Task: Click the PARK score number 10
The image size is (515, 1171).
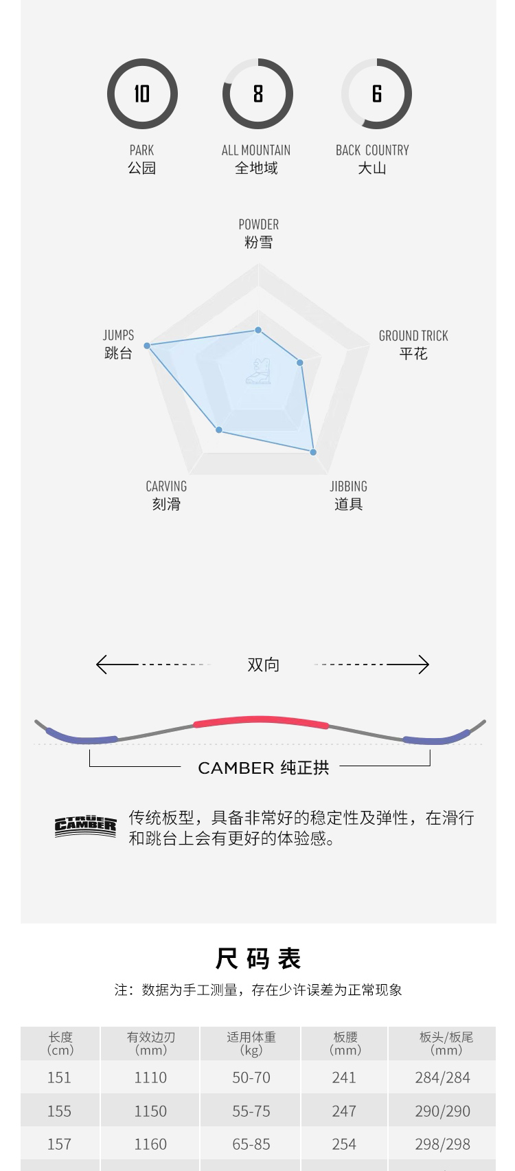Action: click(x=141, y=93)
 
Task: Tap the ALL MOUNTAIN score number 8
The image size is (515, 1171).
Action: click(x=257, y=93)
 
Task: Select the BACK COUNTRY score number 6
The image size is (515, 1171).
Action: click(x=376, y=93)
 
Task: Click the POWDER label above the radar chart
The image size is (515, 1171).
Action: click(x=258, y=225)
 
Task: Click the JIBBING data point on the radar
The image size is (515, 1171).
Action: click(x=313, y=452)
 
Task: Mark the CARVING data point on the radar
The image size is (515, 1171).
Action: click(x=219, y=430)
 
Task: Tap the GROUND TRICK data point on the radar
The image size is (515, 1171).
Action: click(x=300, y=362)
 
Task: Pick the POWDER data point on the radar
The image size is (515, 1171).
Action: click(x=259, y=331)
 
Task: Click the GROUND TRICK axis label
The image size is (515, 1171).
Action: click(x=413, y=336)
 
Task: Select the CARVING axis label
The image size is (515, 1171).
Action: click(x=166, y=487)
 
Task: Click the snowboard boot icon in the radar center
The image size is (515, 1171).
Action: click(x=259, y=371)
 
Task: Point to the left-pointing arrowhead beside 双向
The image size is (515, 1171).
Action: click(x=101, y=665)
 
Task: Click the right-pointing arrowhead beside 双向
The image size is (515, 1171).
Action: click(x=424, y=665)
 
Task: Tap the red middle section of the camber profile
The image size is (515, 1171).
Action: click(x=261, y=721)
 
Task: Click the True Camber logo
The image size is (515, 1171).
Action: click(x=86, y=827)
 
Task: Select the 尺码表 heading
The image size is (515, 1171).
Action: click(x=258, y=958)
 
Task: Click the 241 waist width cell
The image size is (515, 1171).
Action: click(x=344, y=1078)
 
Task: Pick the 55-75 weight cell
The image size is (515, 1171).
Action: click(x=251, y=1111)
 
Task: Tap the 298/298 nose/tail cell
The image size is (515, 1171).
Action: click(x=442, y=1144)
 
